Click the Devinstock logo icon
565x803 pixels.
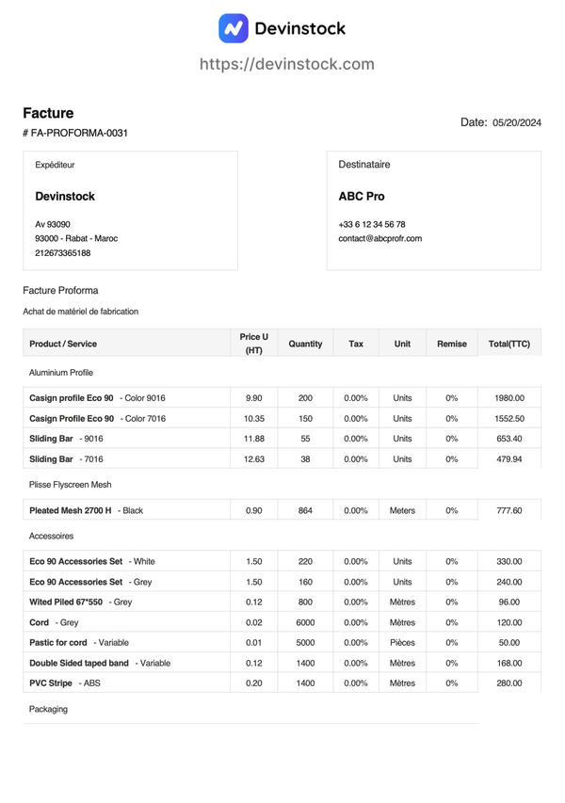(x=234, y=28)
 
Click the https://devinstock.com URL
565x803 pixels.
(x=286, y=64)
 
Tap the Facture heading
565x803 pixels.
(x=48, y=113)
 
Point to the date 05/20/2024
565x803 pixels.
(x=517, y=122)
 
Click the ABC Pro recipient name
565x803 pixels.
(x=362, y=197)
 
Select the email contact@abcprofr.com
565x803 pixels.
(x=379, y=238)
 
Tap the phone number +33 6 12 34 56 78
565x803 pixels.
(x=371, y=224)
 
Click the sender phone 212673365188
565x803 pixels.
(x=63, y=252)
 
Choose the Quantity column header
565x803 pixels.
(x=305, y=344)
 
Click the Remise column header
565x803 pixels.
(x=452, y=344)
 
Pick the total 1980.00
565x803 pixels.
(x=509, y=398)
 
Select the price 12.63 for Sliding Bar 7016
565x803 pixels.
(x=254, y=459)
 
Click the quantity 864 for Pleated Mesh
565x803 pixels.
(x=305, y=510)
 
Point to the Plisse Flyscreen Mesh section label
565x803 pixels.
(x=71, y=485)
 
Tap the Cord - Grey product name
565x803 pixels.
(x=54, y=622)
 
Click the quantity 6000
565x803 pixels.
(x=305, y=622)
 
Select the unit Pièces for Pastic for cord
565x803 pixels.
(x=402, y=643)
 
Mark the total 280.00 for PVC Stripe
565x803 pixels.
(x=509, y=683)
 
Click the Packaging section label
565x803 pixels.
(x=49, y=709)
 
